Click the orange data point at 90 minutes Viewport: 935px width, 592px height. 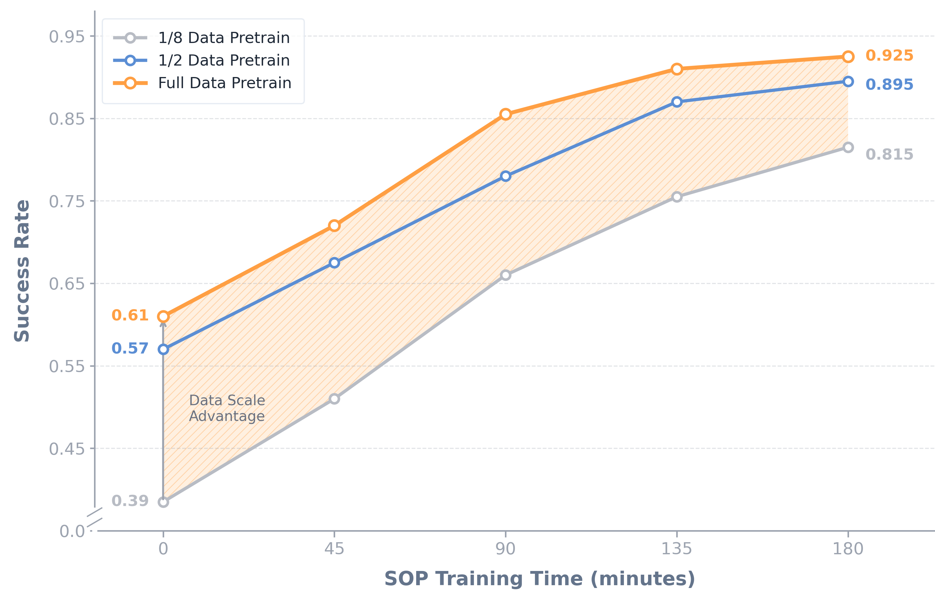tap(506, 114)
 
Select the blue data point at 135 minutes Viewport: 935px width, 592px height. tap(677, 102)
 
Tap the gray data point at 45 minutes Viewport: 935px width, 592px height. tap(334, 399)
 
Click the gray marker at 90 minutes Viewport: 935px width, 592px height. tap(506, 275)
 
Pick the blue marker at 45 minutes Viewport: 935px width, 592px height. tap(334, 263)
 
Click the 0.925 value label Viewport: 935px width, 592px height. tap(889, 56)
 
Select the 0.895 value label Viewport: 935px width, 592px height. tap(889, 84)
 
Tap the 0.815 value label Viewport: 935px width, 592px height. tap(889, 154)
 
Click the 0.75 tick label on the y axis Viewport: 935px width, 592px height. tap(67, 202)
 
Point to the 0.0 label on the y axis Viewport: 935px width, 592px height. tap(72, 531)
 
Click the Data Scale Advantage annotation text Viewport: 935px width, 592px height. tap(227, 408)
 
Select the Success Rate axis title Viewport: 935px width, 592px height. tap(22, 271)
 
